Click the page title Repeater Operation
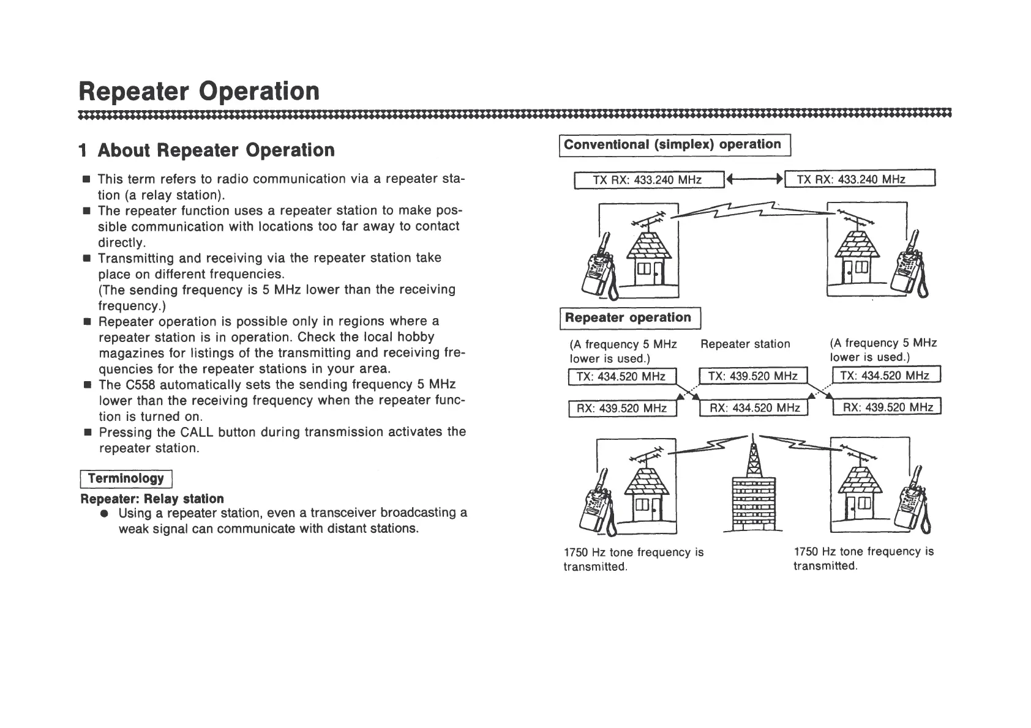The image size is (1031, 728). pyautogui.click(x=200, y=92)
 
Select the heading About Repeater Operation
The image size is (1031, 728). pyautogui.click(x=207, y=150)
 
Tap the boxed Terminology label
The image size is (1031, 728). pyautogui.click(x=126, y=478)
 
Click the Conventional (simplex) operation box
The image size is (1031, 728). pyautogui.click(x=674, y=145)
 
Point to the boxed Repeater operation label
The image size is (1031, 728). pyautogui.click(x=628, y=318)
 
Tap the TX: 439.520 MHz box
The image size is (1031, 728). pyautogui.click(x=753, y=376)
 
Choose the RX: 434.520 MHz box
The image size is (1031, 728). pyautogui.click(x=754, y=408)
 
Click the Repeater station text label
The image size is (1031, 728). pyautogui.click(x=745, y=344)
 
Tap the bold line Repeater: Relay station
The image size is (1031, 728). pyautogui.click(x=152, y=499)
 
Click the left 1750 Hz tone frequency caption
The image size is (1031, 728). pyautogui.click(x=633, y=559)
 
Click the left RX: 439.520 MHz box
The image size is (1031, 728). pyautogui.click(x=622, y=408)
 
